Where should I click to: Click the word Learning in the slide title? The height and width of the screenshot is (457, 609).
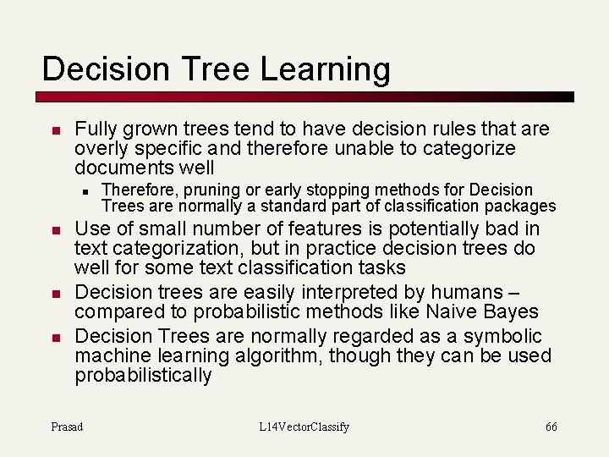[x=326, y=69]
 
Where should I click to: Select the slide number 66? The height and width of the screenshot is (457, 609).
[x=551, y=427]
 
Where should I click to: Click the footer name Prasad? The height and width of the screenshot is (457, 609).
[x=67, y=427]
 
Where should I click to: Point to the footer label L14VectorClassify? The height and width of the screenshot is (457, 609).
[x=304, y=427]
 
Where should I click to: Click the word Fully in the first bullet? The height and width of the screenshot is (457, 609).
[x=96, y=129]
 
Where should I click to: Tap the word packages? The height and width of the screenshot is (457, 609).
[x=524, y=206]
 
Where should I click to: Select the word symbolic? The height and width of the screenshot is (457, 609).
[x=506, y=336]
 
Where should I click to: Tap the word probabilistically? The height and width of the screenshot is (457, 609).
[x=143, y=375]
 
